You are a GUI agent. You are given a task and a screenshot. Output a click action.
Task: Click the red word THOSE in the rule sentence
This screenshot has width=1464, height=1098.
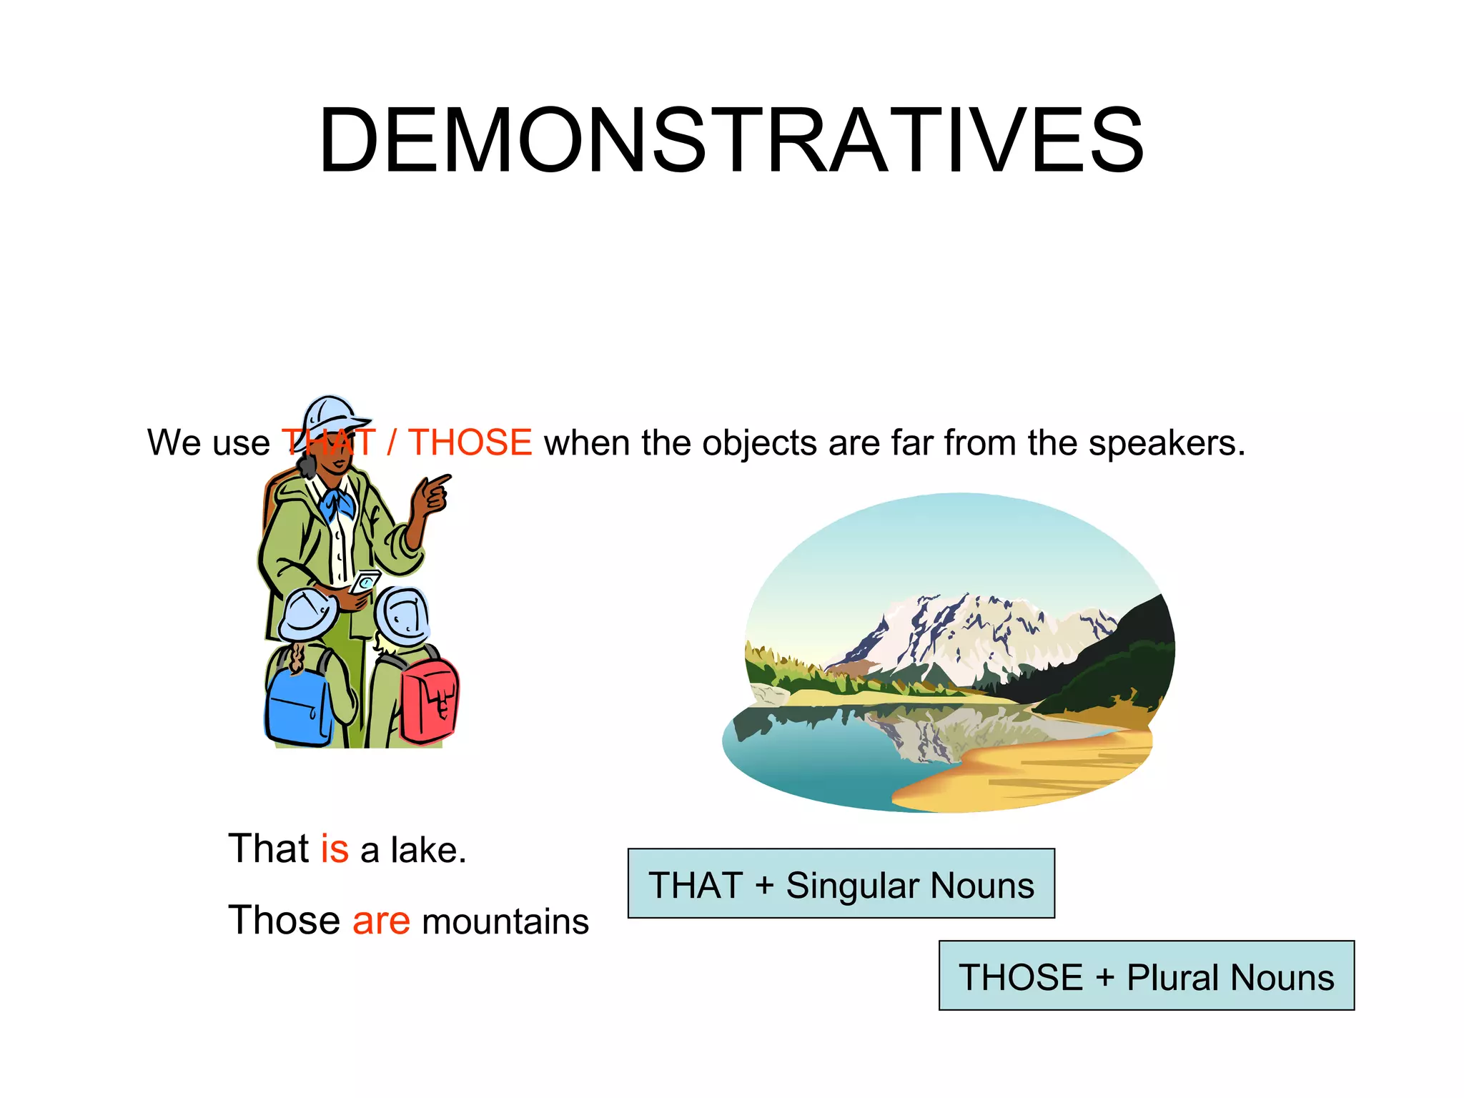click(x=470, y=442)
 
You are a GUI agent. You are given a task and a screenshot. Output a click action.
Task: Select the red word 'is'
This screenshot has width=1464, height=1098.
click(x=335, y=849)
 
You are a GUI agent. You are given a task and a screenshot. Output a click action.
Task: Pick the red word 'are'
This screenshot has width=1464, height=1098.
click(x=381, y=920)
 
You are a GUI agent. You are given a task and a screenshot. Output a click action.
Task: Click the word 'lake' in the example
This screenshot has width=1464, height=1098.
click(x=426, y=850)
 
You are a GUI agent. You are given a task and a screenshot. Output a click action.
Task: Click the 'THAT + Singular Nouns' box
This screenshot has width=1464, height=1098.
click(x=841, y=884)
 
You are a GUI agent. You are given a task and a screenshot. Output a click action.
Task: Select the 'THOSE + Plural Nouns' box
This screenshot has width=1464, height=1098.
click(x=1146, y=976)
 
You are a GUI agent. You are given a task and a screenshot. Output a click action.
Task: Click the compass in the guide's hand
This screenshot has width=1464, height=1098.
click(x=365, y=582)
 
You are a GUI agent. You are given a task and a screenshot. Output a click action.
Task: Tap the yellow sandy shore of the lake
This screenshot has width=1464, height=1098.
click(x=1037, y=772)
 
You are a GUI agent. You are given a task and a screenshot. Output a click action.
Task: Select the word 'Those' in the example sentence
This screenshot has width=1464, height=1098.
click(x=284, y=920)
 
